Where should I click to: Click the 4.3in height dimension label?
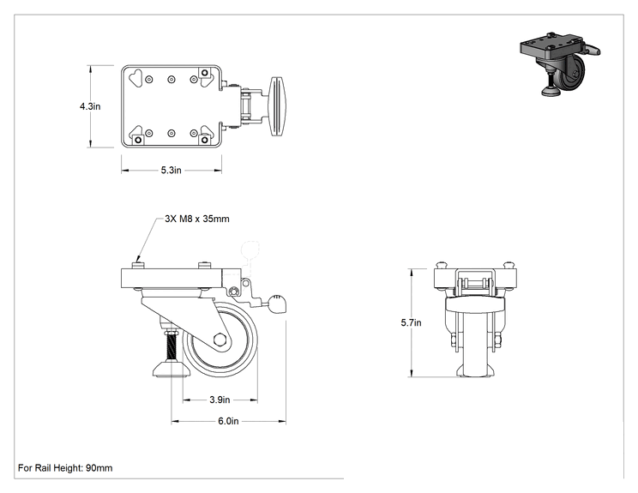[90, 106]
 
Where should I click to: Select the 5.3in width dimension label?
[171, 170]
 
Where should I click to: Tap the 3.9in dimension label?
[220, 400]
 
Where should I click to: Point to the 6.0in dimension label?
[228, 421]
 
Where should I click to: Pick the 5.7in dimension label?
[411, 322]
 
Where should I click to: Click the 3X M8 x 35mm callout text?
[197, 219]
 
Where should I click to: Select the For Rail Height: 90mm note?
[65, 468]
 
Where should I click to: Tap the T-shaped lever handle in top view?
[277, 105]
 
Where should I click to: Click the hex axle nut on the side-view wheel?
[220, 340]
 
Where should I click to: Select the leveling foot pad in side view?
[172, 370]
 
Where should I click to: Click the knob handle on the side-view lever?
[277, 304]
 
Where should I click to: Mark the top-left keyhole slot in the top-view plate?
[135, 76]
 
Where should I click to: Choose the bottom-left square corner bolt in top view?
[138, 140]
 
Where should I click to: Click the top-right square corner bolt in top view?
[205, 73]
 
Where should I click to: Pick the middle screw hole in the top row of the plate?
[172, 80]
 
